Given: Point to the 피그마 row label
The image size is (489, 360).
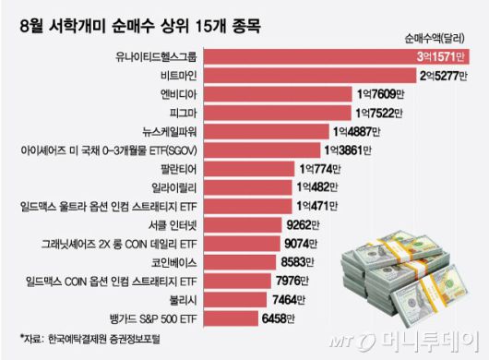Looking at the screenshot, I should coord(179,113).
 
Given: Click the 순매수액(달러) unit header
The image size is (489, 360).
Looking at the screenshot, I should coord(439,40).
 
